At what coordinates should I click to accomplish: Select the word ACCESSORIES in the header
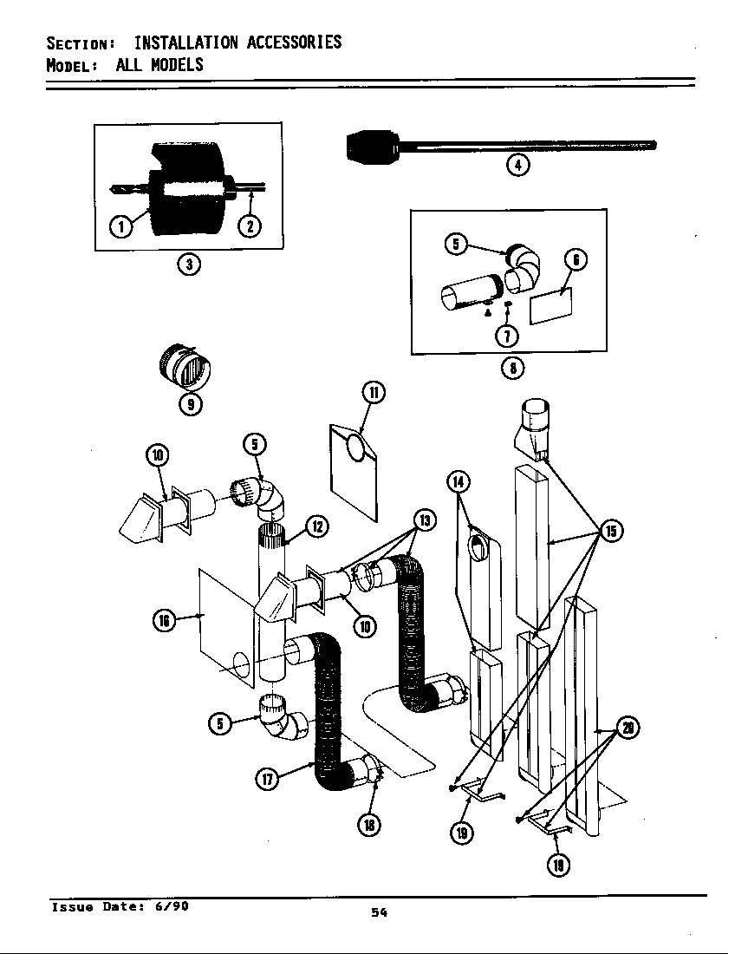click(294, 42)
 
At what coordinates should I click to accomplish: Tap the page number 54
click(378, 912)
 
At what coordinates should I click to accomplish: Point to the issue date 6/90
click(172, 906)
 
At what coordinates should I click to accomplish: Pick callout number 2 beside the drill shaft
click(250, 227)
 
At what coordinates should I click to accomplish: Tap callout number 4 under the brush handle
click(517, 165)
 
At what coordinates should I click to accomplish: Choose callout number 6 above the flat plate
click(575, 260)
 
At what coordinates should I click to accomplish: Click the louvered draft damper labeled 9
click(184, 369)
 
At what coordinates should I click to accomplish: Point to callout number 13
click(424, 520)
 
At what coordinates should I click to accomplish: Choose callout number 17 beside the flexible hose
click(268, 778)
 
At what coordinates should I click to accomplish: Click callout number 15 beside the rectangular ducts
click(610, 531)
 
